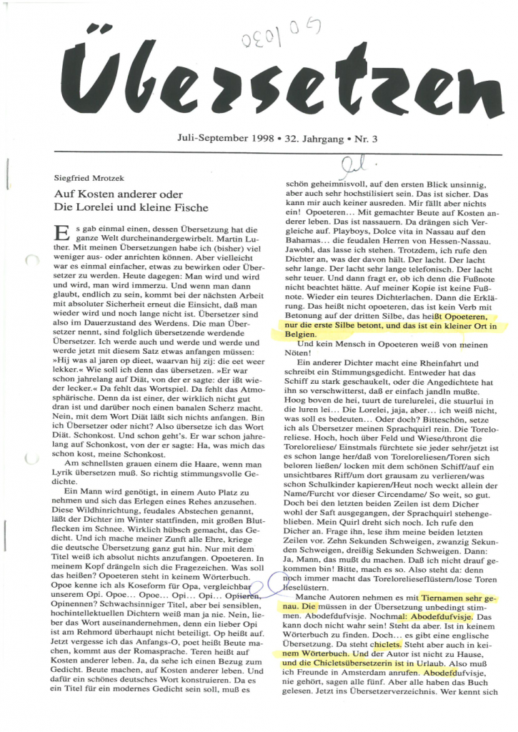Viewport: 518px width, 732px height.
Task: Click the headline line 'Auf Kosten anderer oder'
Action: pos(119,194)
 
